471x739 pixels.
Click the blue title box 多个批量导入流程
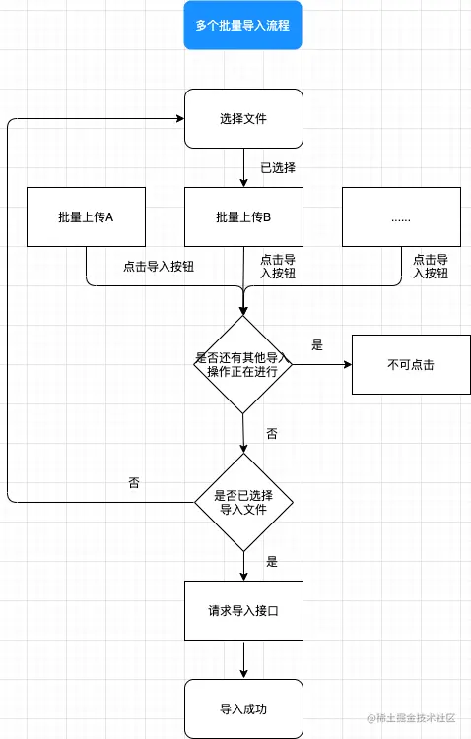click(x=243, y=25)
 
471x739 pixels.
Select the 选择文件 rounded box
click(x=243, y=119)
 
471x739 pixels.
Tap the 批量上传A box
click(x=86, y=216)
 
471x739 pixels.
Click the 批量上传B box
click(x=243, y=216)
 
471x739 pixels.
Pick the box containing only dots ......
click(x=400, y=216)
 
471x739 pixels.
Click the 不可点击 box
click(x=410, y=365)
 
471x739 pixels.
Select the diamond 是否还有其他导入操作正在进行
click(x=242, y=365)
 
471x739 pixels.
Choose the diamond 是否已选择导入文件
click(x=242, y=502)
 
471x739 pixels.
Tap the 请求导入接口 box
click(x=243, y=610)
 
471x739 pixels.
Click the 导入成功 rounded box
click(x=243, y=708)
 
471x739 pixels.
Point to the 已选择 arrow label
click(x=278, y=168)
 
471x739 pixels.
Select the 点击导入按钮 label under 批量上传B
click(x=277, y=267)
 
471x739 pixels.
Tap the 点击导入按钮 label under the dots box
click(x=431, y=267)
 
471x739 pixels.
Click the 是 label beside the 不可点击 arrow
click(x=317, y=345)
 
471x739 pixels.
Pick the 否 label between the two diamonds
click(x=272, y=433)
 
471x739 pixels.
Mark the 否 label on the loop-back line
click(x=134, y=483)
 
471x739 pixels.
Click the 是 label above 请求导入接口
click(x=272, y=562)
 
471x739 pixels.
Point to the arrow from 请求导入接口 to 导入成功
click(x=243, y=659)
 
